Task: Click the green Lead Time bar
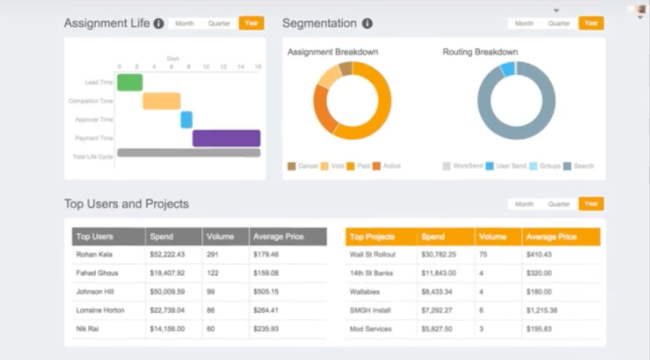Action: [130, 82]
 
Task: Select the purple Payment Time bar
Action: [226, 138]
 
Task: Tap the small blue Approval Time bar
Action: [186, 120]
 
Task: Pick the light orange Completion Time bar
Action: [161, 101]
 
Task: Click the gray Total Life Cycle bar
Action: [188, 153]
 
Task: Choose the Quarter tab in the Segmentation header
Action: [558, 24]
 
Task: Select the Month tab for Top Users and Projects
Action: [524, 204]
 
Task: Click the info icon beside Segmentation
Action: [367, 24]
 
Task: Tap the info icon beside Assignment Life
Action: [159, 24]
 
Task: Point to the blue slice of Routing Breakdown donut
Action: [508, 69]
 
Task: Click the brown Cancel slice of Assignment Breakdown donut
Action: [346, 68]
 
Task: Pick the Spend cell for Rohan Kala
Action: [167, 255]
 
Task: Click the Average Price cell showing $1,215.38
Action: [543, 311]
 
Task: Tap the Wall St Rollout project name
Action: [373, 255]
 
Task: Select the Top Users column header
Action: [95, 237]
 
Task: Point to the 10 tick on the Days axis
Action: [206, 67]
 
